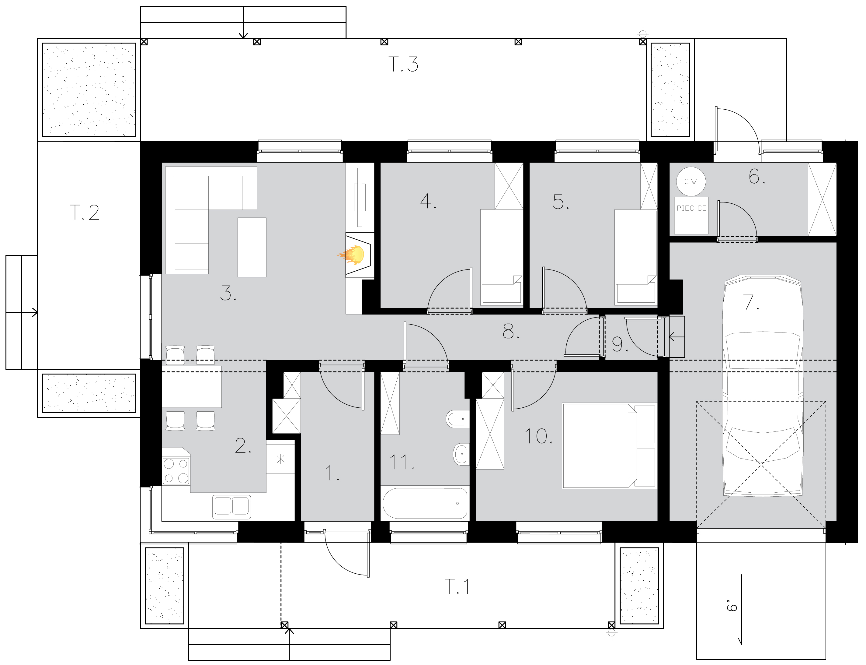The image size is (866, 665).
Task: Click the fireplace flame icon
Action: coord(353,255)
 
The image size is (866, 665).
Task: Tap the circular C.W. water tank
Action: coord(691,182)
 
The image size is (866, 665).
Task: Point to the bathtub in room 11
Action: coord(425,503)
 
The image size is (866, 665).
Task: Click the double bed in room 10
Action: coord(599,446)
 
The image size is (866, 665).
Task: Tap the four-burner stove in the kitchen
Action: coord(176,471)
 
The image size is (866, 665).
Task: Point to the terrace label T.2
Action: coord(84,213)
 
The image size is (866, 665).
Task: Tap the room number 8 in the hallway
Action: coord(509,331)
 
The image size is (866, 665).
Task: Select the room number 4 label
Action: coord(426,201)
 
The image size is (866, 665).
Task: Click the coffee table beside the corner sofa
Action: coord(252,247)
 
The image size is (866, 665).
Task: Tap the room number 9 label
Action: coord(618,344)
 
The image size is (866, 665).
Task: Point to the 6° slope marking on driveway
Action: coord(732,606)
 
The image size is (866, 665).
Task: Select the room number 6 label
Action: coord(755,177)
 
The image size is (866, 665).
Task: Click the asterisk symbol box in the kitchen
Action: coord(280,459)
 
